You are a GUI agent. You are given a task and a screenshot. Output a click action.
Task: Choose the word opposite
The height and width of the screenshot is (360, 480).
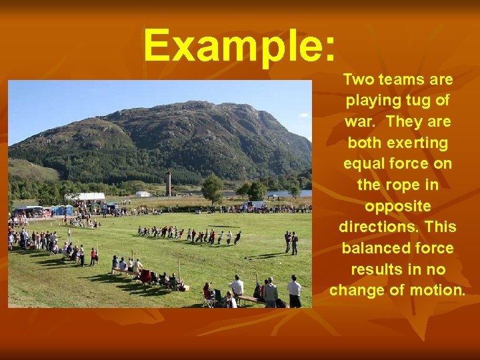tap(397, 206)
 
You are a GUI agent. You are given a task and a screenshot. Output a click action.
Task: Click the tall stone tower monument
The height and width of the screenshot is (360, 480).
tap(169, 183)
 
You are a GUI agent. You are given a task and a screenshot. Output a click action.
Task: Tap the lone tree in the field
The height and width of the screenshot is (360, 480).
tap(213, 187)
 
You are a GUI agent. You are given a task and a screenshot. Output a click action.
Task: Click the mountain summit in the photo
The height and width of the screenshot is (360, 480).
tap(193, 105)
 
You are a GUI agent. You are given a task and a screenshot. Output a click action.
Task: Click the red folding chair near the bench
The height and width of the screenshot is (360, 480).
tap(144, 275)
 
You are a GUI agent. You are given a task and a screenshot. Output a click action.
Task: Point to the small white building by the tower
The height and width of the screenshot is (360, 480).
tap(143, 194)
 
